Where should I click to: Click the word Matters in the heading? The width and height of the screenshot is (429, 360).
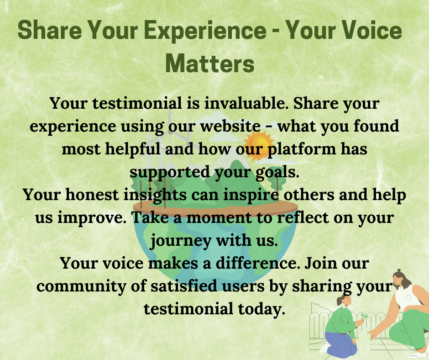pyautogui.click(x=210, y=64)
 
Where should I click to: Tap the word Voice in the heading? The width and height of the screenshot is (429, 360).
pyautogui.click(x=371, y=30)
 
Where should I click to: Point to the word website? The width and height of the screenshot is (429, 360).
pyautogui.click(x=230, y=126)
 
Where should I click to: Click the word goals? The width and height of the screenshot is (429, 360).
pyautogui.click(x=277, y=173)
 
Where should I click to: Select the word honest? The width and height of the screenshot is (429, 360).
pyautogui.click(x=92, y=195)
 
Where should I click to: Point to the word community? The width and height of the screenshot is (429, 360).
pyautogui.click(x=81, y=286)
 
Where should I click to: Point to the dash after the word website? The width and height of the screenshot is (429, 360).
pyautogui.click(x=269, y=127)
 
